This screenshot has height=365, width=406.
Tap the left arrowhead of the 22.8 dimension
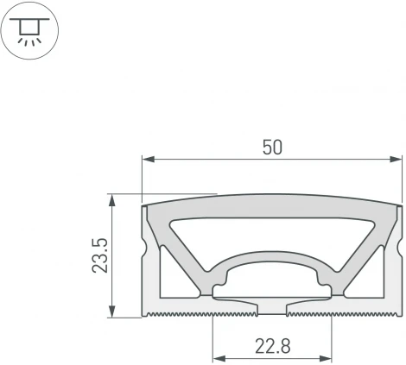(x=219, y=356)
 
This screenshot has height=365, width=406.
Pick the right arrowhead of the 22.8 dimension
(x=327, y=356)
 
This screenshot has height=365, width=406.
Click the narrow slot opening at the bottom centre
(x=272, y=308)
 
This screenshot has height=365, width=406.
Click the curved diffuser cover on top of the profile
(x=272, y=211)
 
